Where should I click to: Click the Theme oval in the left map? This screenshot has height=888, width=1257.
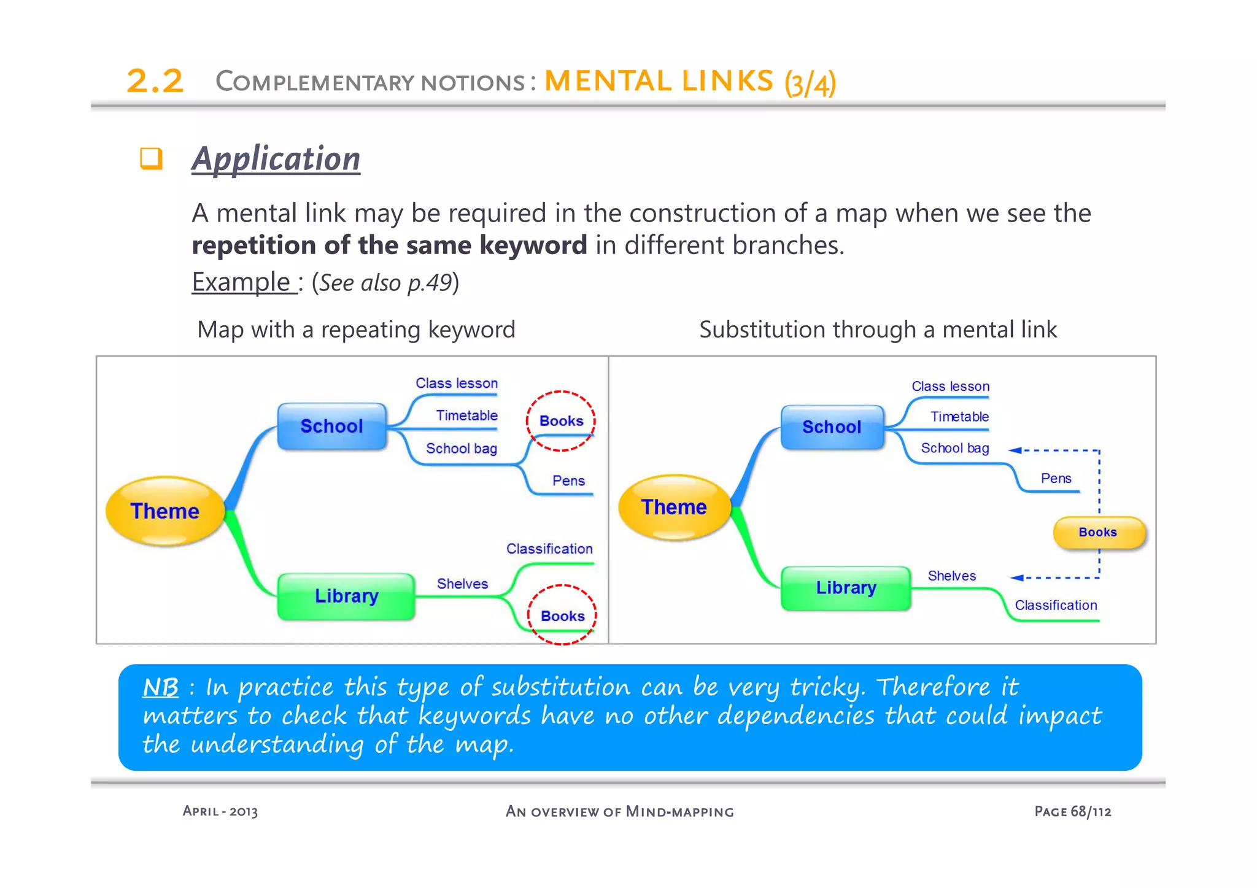click(x=164, y=511)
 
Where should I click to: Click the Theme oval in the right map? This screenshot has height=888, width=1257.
click(x=674, y=507)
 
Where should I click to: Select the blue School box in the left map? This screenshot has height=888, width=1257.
click(x=331, y=426)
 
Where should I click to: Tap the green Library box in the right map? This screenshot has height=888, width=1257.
click(x=845, y=588)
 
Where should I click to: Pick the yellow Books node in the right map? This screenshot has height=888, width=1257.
click(x=1099, y=532)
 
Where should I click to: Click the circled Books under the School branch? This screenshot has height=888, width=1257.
click(x=561, y=421)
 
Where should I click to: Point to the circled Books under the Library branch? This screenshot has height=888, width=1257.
click(x=562, y=616)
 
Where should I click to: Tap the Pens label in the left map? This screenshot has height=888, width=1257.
click(x=568, y=481)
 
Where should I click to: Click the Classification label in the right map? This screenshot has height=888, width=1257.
click(x=1056, y=605)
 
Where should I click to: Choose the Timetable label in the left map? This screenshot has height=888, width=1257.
click(x=466, y=415)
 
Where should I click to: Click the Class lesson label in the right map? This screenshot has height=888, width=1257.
click(x=950, y=386)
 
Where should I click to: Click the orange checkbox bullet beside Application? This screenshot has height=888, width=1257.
click(x=151, y=158)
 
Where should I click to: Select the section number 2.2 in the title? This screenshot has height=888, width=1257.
click(x=155, y=81)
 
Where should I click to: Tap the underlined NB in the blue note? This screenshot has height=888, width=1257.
click(x=160, y=687)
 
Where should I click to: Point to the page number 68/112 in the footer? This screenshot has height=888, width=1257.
click(x=1091, y=811)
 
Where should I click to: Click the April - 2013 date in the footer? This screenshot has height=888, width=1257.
click(x=220, y=811)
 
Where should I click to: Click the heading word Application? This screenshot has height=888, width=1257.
click(x=276, y=159)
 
